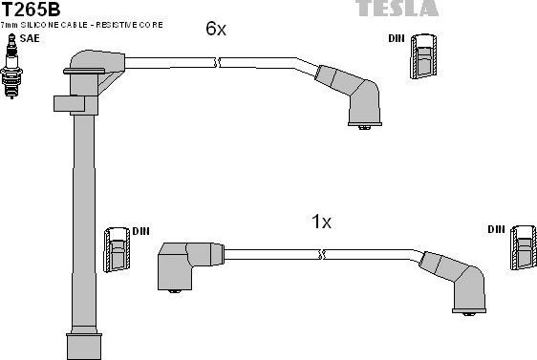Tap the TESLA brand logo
pos(397,9)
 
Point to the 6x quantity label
pos(216,29)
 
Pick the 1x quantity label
pos(321,222)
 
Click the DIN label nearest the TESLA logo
pos(397,39)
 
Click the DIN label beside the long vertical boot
pos(140,231)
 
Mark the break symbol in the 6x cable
pos(220,63)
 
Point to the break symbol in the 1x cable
pos(325,254)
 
